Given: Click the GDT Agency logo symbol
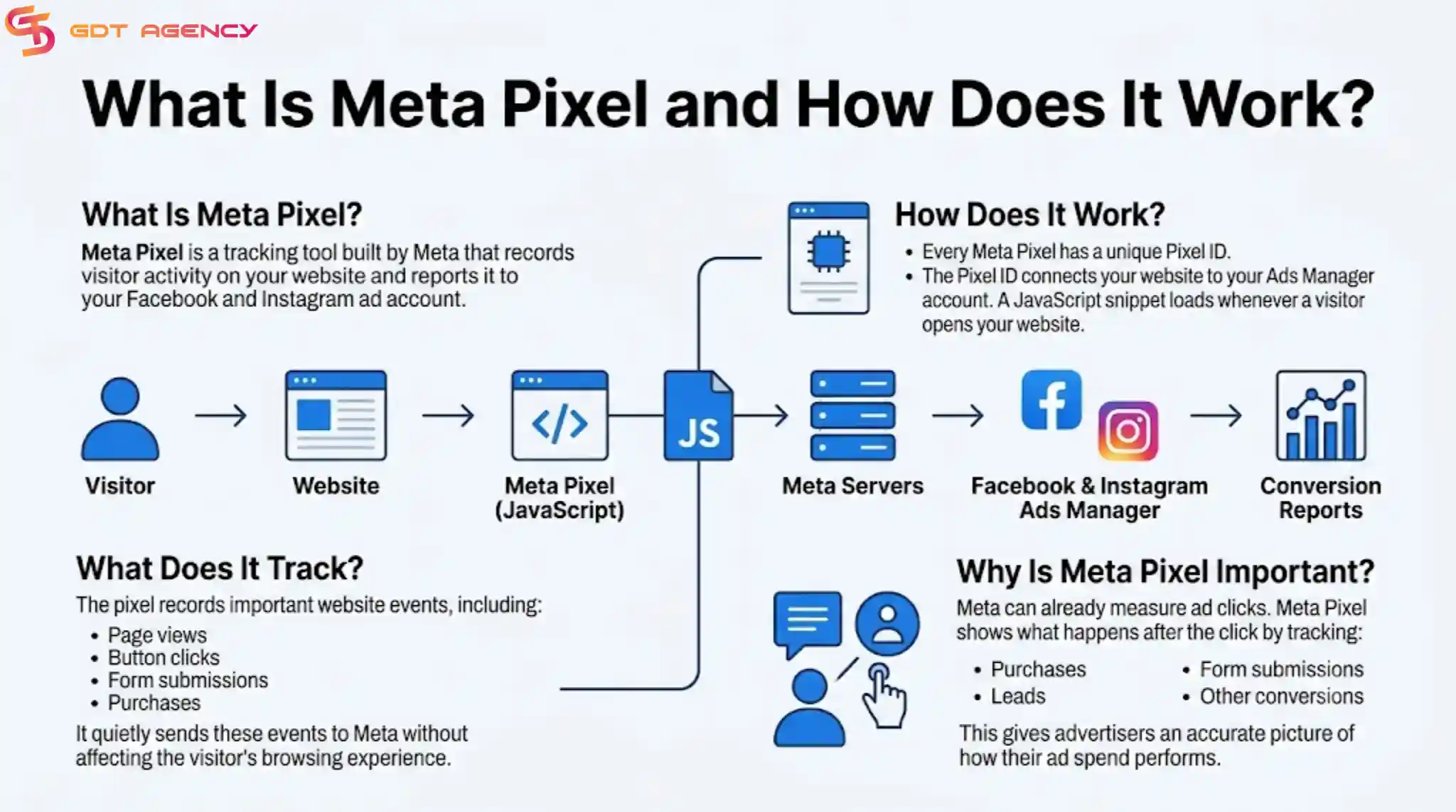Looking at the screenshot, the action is click(30, 30).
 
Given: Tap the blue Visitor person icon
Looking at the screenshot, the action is click(120, 418).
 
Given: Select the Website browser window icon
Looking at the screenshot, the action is click(336, 416).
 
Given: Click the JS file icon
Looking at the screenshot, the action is click(698, 416).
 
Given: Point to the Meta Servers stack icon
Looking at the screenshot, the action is click(852, 416).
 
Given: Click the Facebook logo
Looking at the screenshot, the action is click(1051, 400).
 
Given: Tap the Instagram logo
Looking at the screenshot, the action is click(1128, 431).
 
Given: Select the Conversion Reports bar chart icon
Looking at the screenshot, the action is click(1321, 416).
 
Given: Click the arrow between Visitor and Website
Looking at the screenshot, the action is click(220, 415).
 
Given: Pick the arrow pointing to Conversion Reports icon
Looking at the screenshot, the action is click(1216, 415).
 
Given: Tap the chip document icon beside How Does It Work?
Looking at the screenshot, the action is click(828, 258).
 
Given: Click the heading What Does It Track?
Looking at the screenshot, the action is click(220, 568).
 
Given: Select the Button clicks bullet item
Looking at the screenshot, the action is click(164, 658).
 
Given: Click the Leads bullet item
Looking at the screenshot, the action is click(1018, 696).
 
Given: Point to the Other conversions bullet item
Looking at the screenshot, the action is click(1282, 696).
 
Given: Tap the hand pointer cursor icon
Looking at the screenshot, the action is click(884, 695).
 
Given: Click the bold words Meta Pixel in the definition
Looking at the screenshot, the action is click(132, 253).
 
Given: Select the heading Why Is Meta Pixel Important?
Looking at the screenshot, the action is click(1165, 572).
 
